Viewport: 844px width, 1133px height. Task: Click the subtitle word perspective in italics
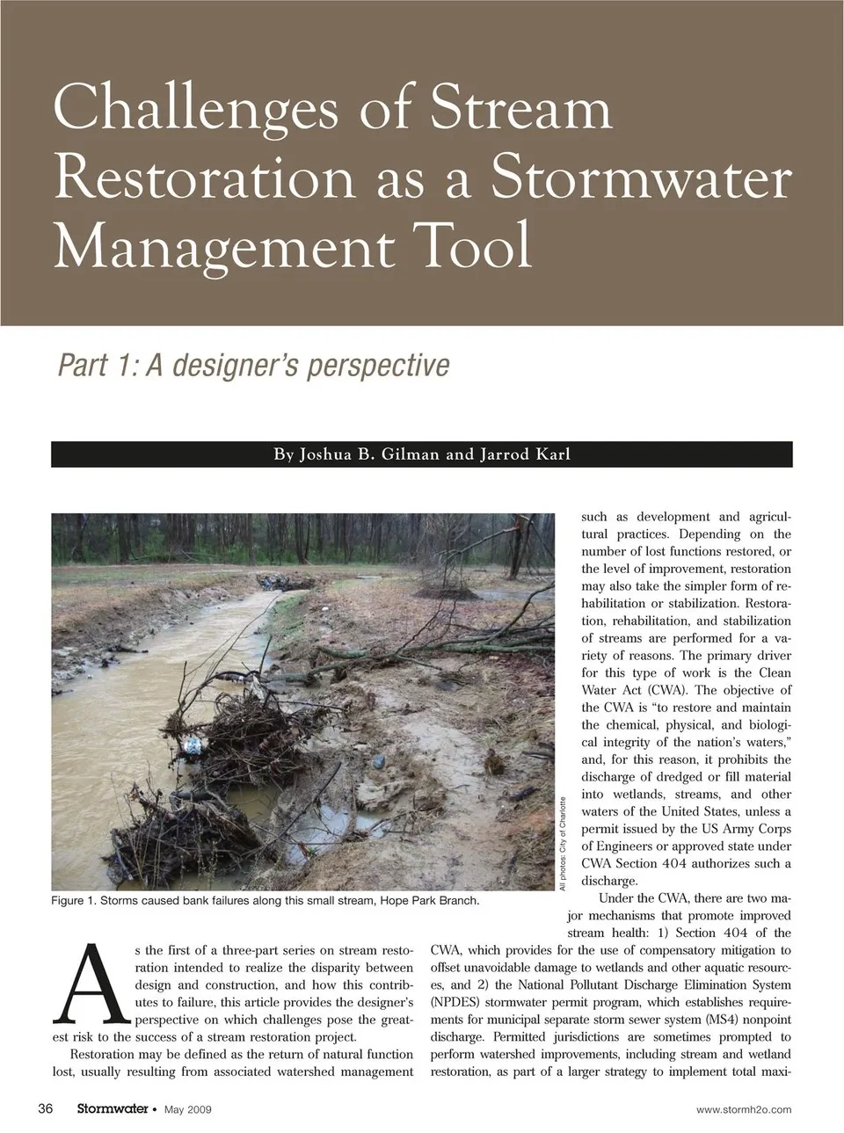point(377,365)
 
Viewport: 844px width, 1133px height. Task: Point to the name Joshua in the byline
point(325,454)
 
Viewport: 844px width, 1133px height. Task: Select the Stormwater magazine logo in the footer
point(112,1109)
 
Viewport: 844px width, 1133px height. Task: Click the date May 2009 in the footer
point(188,1110)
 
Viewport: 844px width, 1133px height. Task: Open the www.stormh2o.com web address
point(743,1110)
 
